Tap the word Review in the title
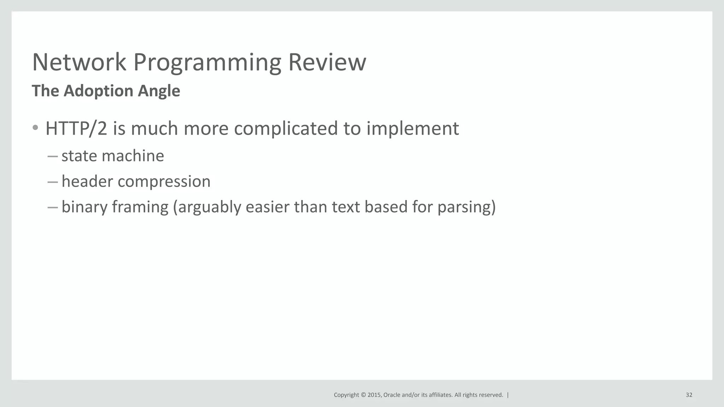(x=327, y=62)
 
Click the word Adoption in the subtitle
(x=98, y=91)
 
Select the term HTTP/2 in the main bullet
(x=76, y=128)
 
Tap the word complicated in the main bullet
(x=286, y=128)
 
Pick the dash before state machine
(x=52, y=156)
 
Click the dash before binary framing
(x=52, y=207)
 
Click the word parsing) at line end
(x=467, y=207)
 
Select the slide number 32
(x=689, y=395)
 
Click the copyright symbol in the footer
(x=363, y=395)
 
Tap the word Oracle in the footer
(x=392, y=395)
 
